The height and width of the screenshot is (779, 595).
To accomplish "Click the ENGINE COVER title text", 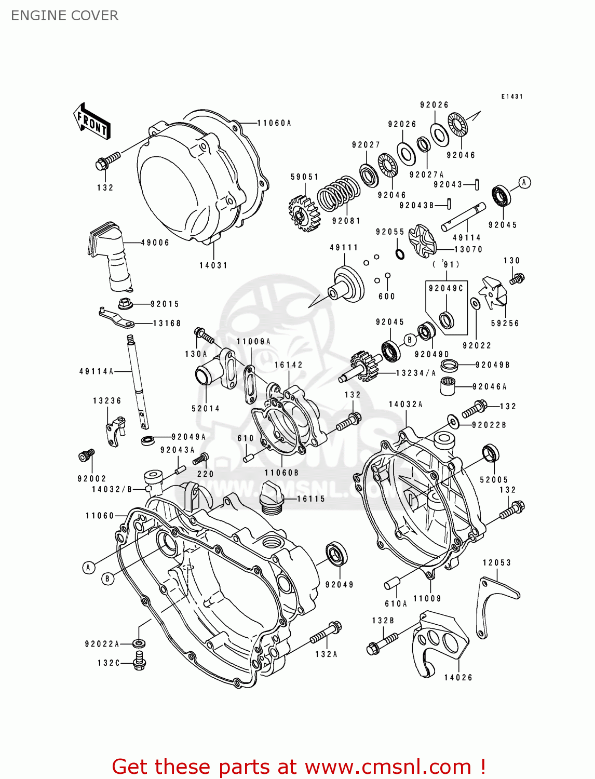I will point(64,16).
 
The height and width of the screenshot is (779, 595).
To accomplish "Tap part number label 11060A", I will point(274,123).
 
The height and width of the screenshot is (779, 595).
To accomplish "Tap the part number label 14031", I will point(213,265).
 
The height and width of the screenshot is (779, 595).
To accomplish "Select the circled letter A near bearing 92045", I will point(524,182).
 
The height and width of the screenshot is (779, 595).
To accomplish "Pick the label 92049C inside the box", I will point(445,288).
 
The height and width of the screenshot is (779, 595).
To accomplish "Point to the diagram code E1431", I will point(512,97).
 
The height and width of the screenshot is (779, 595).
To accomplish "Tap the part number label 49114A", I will point(96,371).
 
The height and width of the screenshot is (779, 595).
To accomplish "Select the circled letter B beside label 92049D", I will point(410,340).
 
